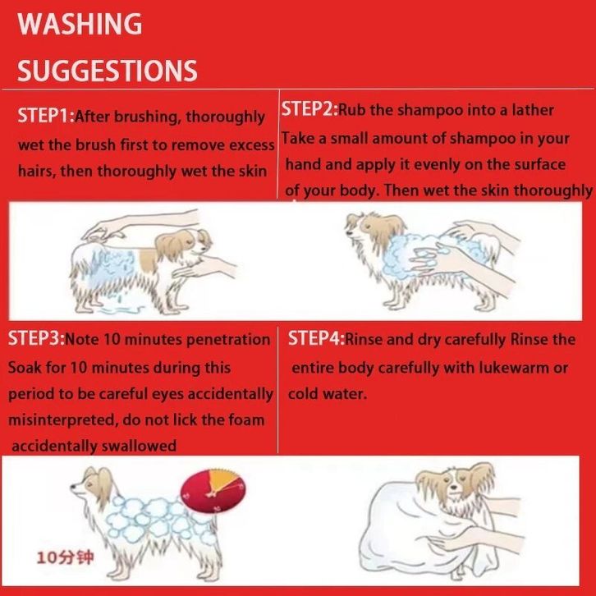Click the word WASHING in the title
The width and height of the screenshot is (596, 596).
[x=80, y=24]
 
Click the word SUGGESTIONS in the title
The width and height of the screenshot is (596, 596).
[x=108, y=71]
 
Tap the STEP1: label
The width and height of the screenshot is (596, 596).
[x=46, y=116]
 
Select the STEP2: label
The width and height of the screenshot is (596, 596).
[x=309, y=109]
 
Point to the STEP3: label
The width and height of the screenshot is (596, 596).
[x=36, y=338]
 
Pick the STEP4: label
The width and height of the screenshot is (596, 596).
[x=316, y=338]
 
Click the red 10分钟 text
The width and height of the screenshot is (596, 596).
[x=65, y=558]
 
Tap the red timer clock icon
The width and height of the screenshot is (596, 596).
[x=213, y=490]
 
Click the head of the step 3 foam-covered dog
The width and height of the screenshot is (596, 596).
[x=93, y=484]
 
